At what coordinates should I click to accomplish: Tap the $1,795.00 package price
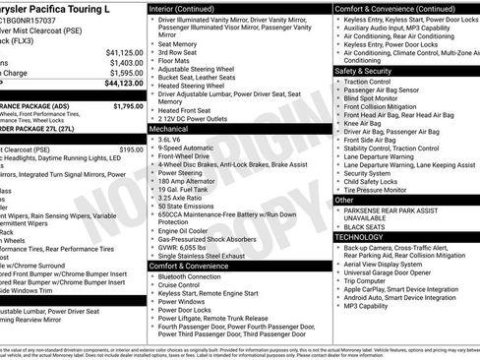pyautogui.click(x=128, y=105)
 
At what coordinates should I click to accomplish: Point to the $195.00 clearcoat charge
pyautogui.click(x=131, y=150)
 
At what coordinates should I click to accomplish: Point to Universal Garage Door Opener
pyautogui.click(x=396, y=270)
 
